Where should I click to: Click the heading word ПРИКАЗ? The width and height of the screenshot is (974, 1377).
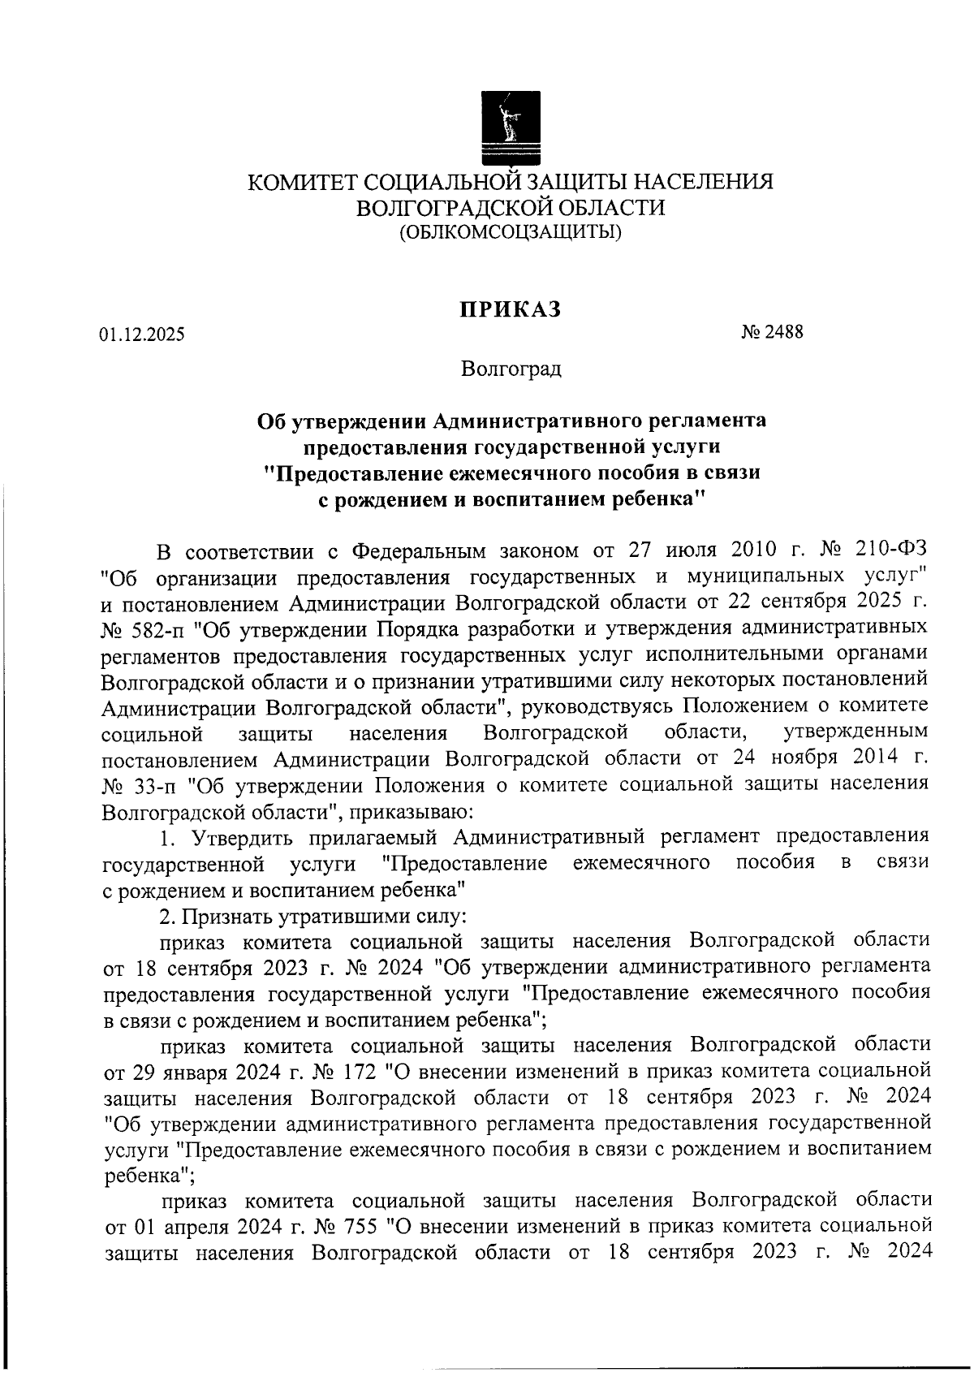tap(511, 310)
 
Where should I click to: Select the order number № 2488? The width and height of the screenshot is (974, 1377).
tap(772, 332)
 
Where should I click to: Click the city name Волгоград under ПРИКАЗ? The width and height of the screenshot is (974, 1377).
tap(511, 370)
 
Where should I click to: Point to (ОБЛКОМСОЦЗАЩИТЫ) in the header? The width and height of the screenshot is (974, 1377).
tap(511, 234)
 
